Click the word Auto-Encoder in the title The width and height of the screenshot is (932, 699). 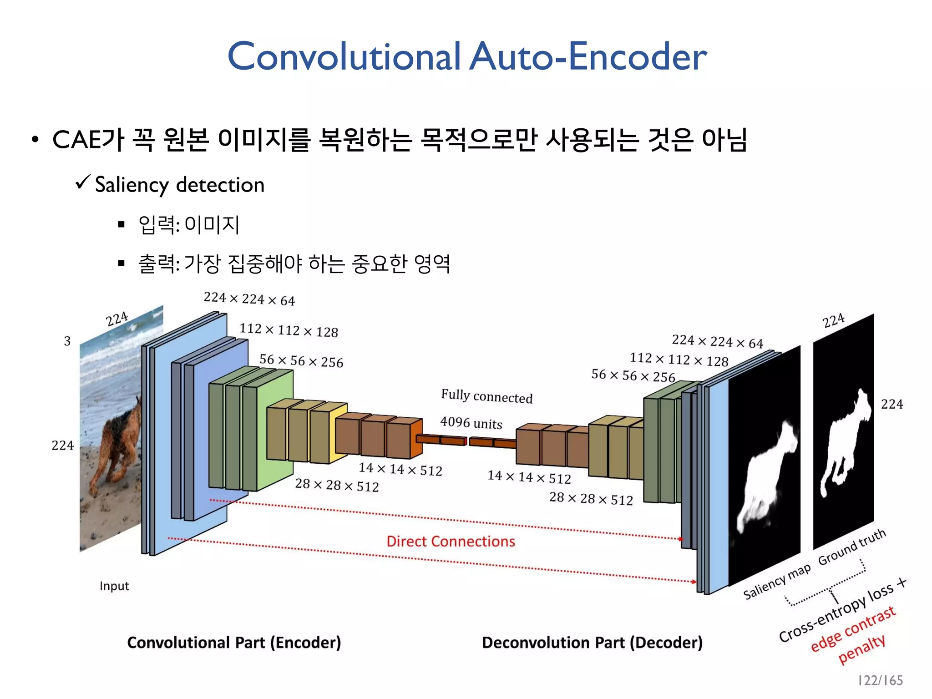pos(588,56)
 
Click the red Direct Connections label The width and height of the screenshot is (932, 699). pos(451,541)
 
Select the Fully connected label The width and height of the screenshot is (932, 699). pos(486,396)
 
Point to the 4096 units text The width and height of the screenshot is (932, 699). pos(471,423)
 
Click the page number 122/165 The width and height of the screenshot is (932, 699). pos(880,680)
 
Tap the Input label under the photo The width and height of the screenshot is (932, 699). pos(114,586)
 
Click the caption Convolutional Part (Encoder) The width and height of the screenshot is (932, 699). pos(234,643)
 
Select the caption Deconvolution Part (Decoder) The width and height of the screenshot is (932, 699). pos(592,643)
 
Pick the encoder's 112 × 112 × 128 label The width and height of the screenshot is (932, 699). pos(289,330)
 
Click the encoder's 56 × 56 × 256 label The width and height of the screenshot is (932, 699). pos(301,361)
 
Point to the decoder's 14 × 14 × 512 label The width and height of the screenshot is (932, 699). pos(529,477)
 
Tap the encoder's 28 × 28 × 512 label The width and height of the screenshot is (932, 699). pos(337,485)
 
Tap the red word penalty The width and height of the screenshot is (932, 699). pos(861,648)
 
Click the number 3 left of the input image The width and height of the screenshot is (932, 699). pos(67,341)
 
